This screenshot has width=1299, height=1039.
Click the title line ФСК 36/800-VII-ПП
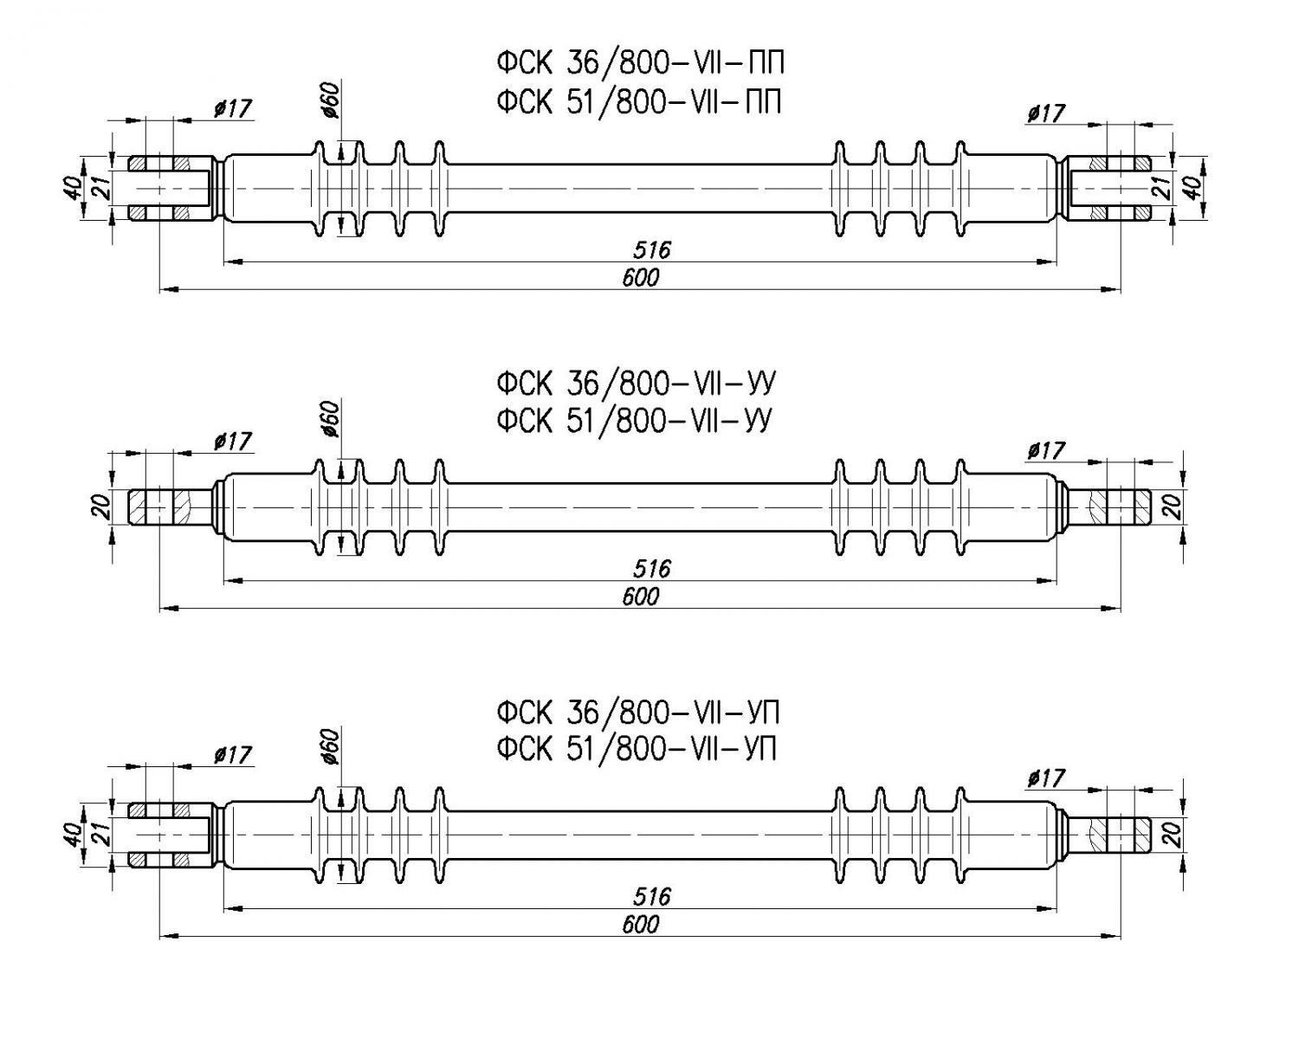click(x=641, y=63)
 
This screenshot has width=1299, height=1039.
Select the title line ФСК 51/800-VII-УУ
click(x=634, y=421)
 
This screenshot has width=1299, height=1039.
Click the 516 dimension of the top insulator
click(x=650, y=251)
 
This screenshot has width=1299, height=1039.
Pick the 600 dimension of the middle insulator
click(x=640, y=597)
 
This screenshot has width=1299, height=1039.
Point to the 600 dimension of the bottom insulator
click(x=640, y=925)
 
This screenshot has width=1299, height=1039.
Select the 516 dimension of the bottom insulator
click(x=650, y=897)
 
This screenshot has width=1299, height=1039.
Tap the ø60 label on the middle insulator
click(x=330, y=420)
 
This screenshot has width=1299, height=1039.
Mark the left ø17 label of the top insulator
click(x=232, y=108)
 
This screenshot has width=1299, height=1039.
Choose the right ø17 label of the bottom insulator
click(x=1045, y=778)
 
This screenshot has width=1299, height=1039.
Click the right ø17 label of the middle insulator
click(x=1045, y=451)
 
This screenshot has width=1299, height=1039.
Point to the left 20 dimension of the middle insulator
click(x=102, y=507)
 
